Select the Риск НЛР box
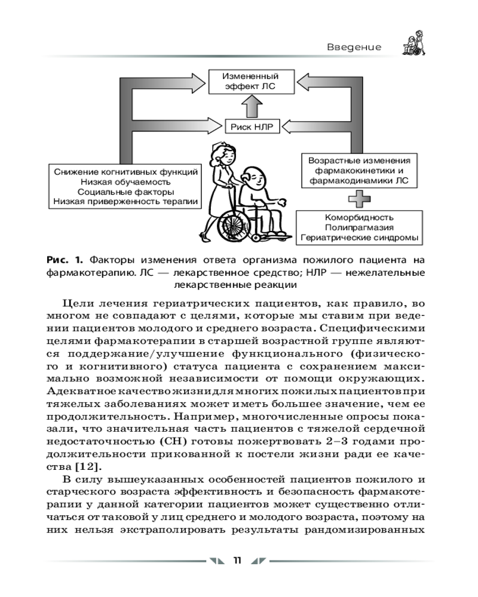(251, 127)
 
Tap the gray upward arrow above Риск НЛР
(251, 107)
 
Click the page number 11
(237, 560)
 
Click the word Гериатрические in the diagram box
(337, 238)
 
